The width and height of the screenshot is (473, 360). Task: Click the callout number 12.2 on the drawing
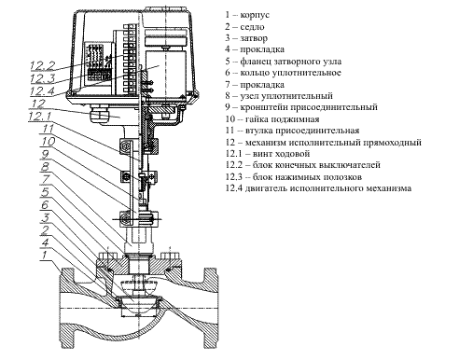[x=42, y=65]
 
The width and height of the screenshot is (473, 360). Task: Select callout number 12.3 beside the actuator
[x=42, y=78]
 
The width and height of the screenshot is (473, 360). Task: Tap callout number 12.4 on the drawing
[x=42, y=90]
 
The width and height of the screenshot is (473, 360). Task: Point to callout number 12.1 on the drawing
[x=39, y=117]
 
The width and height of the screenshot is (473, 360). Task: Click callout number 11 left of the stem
[x=48, y=129]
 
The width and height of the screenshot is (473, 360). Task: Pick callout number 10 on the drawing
[x=48, y=142]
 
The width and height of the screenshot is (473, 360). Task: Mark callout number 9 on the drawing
[x=45, y=154]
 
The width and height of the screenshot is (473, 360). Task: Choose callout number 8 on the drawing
[x=45, y=167]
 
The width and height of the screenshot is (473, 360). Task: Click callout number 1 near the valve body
[x=44, y=256]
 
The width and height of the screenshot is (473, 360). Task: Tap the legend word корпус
[x=255, y=15]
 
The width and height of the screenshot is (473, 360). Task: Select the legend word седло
[x=252, y=27]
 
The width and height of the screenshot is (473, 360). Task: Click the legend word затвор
[x=254, y=38]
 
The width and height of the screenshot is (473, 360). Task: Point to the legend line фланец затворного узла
[x=290, y=62]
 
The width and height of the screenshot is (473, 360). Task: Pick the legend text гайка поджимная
[x=282, y=119]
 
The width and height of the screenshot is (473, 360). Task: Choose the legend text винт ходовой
[x=281, y=154]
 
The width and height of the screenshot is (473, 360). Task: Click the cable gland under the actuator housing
[x=100, y=114]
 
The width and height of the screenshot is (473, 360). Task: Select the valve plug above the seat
[x=137, y=285]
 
